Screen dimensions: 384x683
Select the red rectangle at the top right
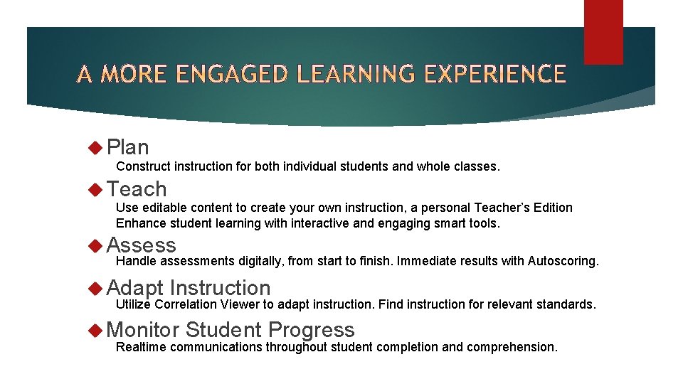(x=603, y=31)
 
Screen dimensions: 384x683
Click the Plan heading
(x=128, y=147)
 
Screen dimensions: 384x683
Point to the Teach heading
(x=137, y=189)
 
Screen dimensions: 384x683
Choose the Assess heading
(x=141, y=245)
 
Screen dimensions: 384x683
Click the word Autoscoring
(x=563, y=261)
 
